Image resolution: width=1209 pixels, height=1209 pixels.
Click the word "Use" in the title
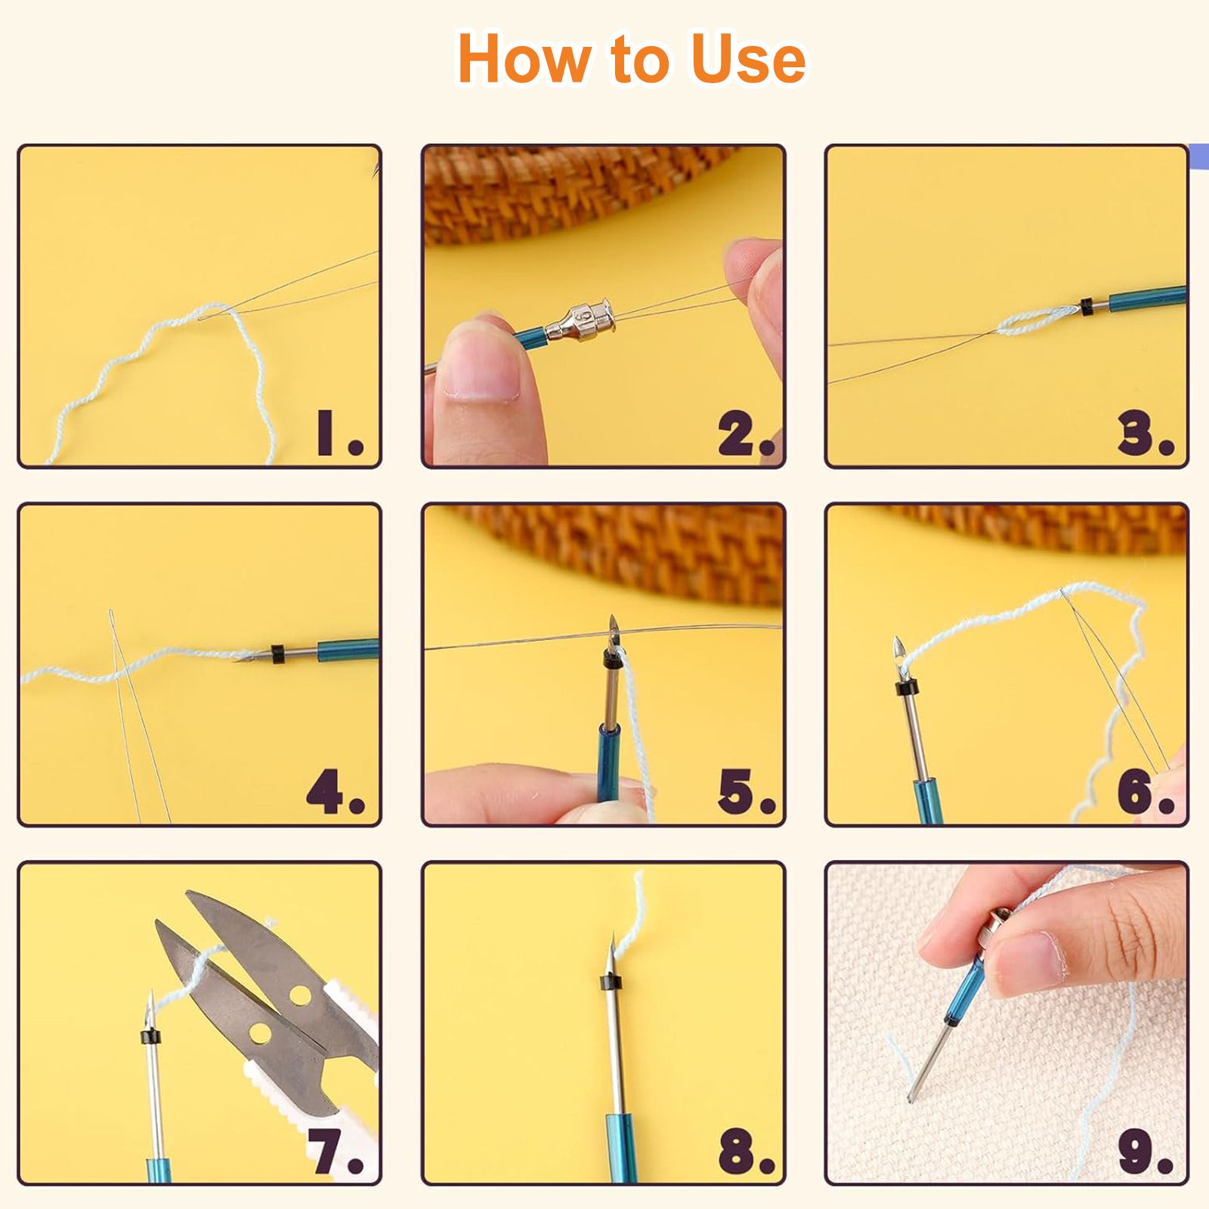(748, 59)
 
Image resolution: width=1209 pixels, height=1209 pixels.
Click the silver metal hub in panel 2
(582, 320)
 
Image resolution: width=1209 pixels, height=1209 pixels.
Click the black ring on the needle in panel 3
(1087, 307)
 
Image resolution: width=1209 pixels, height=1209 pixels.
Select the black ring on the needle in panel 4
(277, 654)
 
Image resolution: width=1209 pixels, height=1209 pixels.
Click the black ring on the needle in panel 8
(611, 982)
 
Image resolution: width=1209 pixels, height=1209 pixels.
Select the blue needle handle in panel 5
(608, 763)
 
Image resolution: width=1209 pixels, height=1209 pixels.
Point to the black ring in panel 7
(150, 1036)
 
